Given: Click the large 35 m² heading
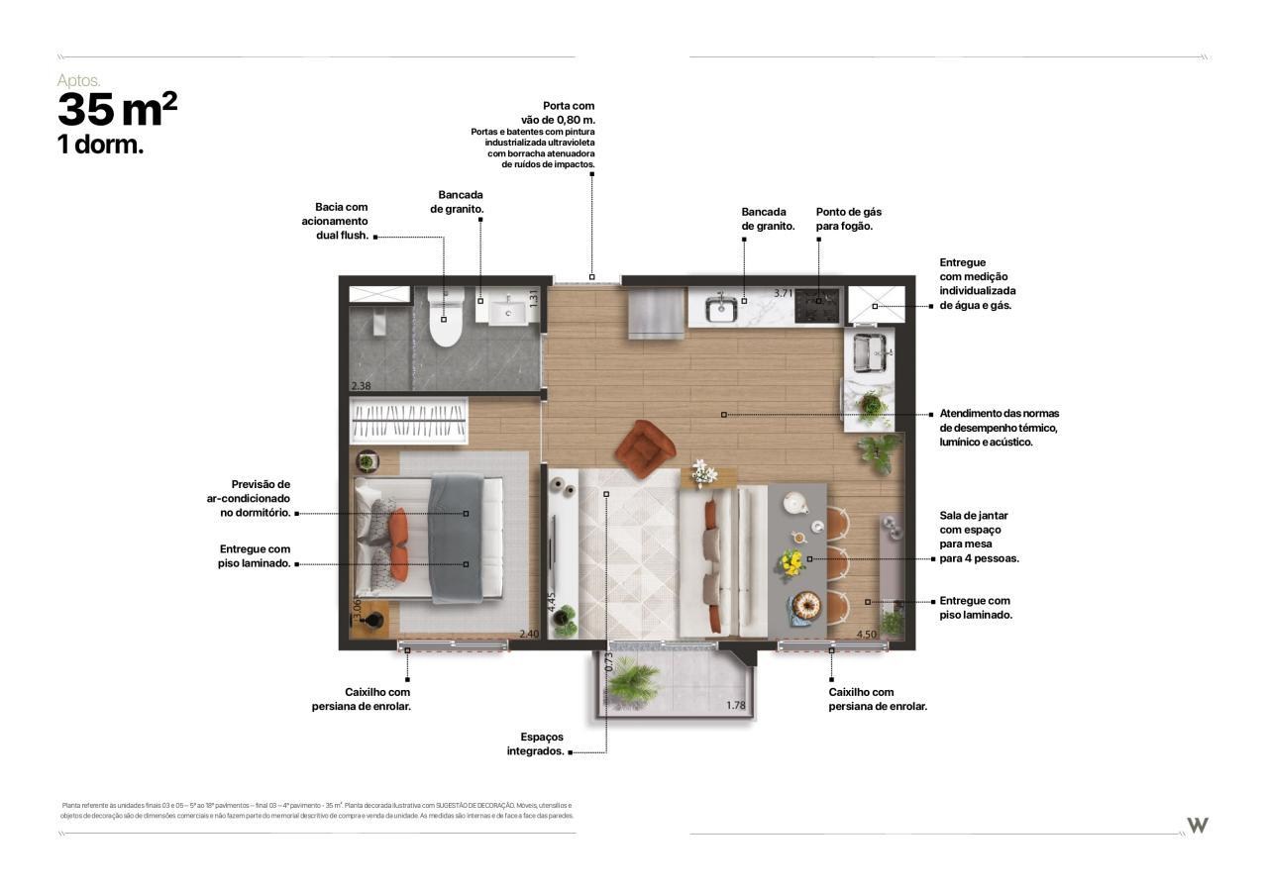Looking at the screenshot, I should tap(117, 110).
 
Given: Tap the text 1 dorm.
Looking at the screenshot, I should tap(100, 145).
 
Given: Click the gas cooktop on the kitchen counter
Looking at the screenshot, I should tap(817, 305).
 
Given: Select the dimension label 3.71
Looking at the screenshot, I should tap(784, 293).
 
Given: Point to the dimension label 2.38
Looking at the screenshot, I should tap(361, 386).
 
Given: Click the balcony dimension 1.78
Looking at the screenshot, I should tap(736, 706).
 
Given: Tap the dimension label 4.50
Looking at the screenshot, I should tap(865, 635).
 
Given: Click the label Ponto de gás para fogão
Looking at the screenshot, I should tap(848, 219).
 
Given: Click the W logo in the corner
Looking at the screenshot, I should tap(1198, 826).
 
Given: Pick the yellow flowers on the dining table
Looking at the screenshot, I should tap(791, 562).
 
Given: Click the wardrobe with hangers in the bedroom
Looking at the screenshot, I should tap(409, 422).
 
